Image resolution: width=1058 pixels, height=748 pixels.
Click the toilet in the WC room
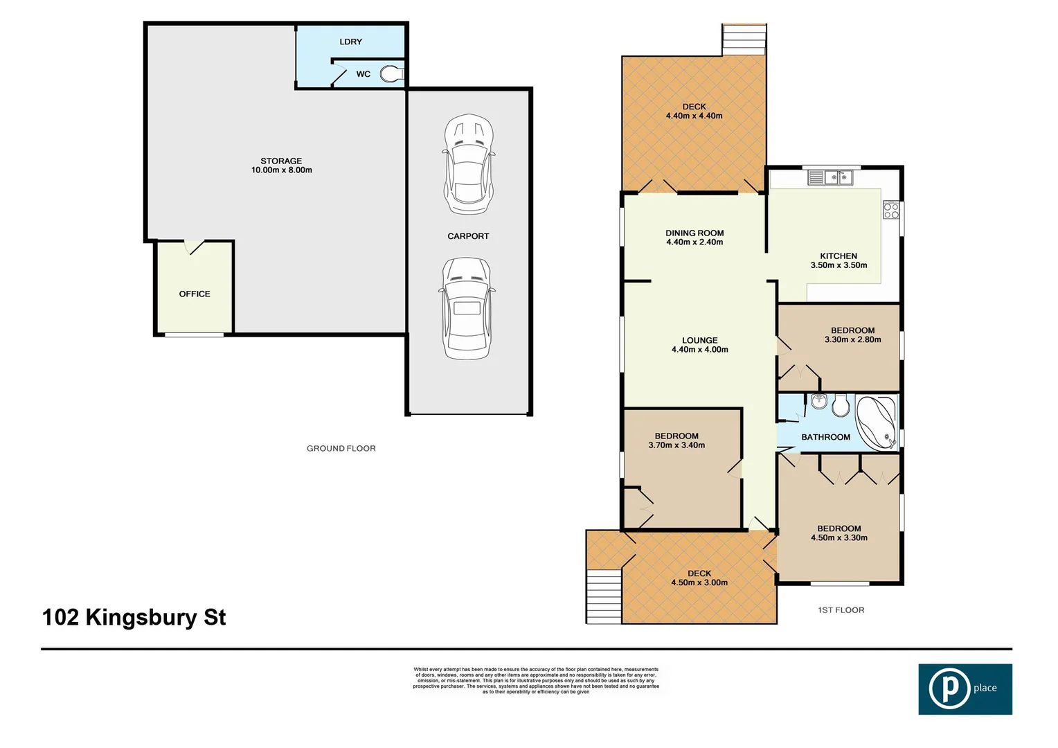[x=392, y=73]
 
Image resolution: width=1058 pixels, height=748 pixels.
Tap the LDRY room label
[x=350, y=42]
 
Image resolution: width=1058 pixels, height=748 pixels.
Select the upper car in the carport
[x=469, y=165]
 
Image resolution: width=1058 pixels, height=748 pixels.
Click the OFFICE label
[x=195, y=294]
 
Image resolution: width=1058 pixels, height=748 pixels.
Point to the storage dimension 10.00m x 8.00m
[x=281, y=170]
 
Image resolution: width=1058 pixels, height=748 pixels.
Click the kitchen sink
[x=831, y=178]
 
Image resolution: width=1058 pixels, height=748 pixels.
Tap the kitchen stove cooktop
[x=891, y=211]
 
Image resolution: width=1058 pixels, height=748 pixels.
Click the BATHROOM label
[x=825, y=437]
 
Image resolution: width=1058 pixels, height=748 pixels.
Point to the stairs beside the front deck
[x=604, y=596]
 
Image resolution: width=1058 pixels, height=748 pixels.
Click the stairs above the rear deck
[x=744, y=40]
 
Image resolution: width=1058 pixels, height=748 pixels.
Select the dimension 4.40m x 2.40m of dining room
[x=694, y=242]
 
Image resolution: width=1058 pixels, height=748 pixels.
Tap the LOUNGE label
[x=699, y=340]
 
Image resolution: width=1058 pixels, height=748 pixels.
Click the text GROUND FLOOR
[x=341, y=449]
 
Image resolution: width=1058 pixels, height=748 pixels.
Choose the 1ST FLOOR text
[x=841, y=610]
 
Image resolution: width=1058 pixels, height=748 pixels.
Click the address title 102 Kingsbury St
[x=134, y=617]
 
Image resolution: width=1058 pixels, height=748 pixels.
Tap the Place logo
[x=965, y=689]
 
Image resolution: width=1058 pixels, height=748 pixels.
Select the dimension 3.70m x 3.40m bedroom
[x=676, y=445]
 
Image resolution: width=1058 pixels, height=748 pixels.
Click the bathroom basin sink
[x=819, y=401]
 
